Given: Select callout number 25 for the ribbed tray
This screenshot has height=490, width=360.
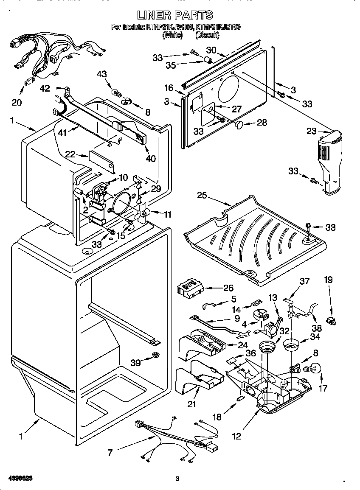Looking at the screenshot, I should [202, 195].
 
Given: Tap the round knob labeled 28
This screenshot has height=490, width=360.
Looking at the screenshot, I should [240, 124].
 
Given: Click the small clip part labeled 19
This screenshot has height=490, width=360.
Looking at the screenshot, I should [331, 319].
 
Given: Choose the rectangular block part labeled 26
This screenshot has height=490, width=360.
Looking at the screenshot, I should [190, 290].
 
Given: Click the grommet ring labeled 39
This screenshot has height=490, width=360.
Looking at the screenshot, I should [156, 354].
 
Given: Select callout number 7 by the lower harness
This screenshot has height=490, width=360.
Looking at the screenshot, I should [110, 453].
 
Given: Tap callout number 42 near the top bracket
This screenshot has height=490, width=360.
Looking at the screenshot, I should [45, 88].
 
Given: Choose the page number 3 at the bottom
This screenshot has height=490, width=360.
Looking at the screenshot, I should [177, 479].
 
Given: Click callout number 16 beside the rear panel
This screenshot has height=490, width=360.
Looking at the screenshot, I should [169, 88].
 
